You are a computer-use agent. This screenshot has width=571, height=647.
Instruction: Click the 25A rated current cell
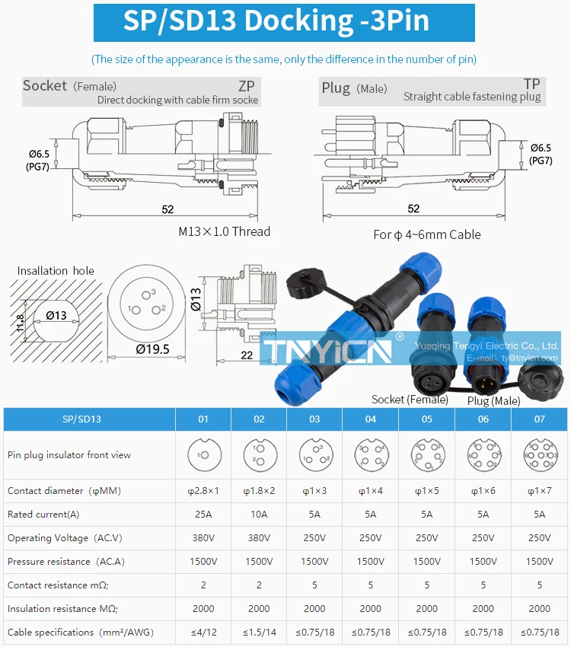click(x=203, y=515)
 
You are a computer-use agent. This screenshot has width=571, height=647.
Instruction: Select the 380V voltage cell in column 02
click(x=259, y=538)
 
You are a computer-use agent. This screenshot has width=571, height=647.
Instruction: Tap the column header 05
click(x=426, y=419)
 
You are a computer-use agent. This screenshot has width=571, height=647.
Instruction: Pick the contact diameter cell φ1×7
click(x=539, y=491)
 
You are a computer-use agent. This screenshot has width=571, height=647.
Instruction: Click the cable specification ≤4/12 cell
click(x=203, y=632)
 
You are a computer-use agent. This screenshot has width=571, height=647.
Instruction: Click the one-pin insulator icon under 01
click(x=203, y=454)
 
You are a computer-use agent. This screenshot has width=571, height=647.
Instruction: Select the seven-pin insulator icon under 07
click(x=539, y=454)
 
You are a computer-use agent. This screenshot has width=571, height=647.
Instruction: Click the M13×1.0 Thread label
click(x=224, y=231)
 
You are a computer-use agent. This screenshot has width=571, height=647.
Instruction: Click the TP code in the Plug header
click(x=531, y=84)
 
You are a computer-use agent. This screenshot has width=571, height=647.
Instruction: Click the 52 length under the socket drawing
click(x=167, y=209)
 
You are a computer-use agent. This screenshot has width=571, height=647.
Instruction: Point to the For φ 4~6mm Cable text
click(x=426, y=234)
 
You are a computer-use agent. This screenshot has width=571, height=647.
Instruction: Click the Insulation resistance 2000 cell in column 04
click(x=371, y=608)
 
